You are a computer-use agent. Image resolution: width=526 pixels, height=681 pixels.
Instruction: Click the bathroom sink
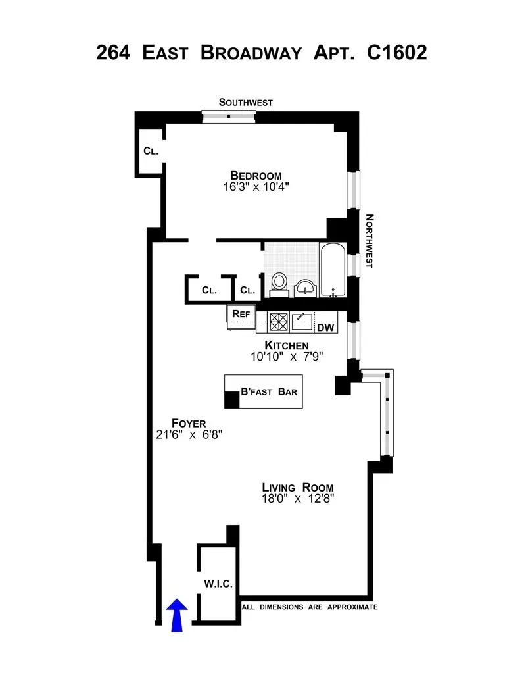pos(305,287)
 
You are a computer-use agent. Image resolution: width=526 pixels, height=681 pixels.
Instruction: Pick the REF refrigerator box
pos(241,315)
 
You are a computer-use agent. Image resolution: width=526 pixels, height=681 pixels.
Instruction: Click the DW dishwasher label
pos(325,327)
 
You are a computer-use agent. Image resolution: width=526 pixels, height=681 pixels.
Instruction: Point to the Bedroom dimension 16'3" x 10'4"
pos(256,187)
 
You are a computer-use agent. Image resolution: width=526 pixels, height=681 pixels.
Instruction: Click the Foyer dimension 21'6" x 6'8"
pos(189,434)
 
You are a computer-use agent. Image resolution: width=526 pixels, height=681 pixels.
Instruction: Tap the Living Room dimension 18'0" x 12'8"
pos(297,499)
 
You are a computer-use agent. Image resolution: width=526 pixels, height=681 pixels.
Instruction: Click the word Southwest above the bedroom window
pos(245,102)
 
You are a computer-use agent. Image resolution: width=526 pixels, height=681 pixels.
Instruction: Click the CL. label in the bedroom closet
pos(151,151)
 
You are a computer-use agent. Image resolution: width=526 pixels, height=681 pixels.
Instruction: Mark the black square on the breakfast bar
pos(232,400)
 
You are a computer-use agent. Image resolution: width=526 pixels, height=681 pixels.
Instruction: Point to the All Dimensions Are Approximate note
pos(310,607)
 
